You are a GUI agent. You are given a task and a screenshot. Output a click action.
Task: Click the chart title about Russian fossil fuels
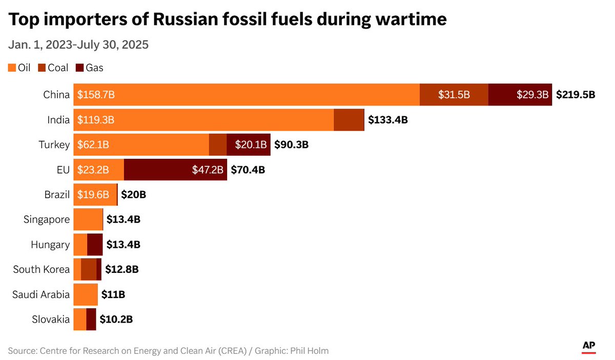228,20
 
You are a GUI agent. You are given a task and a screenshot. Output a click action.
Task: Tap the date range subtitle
78,45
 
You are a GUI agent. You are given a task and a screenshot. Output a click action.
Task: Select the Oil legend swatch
12,68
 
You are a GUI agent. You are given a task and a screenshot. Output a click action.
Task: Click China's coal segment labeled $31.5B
454,95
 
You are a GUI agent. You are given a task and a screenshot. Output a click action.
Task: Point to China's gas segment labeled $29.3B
520,95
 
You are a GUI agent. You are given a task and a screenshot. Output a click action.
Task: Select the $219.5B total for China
576,95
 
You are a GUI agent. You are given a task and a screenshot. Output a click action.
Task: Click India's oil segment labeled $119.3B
203,120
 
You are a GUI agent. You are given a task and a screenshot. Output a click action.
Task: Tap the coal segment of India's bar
348,120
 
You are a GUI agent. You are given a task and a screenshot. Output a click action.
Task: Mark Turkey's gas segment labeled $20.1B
248,145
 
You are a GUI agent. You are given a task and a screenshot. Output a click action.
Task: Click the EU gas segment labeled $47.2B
175,170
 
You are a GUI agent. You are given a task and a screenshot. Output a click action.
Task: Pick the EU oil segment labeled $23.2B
98,170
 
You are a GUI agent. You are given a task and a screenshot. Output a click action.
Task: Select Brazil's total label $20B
133,195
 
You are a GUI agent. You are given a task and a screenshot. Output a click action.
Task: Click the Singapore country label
47,220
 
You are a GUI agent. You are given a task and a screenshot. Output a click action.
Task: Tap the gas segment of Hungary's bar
95,245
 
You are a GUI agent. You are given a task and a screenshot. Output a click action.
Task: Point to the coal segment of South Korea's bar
89,269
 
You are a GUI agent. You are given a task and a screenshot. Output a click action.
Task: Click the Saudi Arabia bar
86,294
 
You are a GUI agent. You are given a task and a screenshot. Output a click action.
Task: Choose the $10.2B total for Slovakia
116,320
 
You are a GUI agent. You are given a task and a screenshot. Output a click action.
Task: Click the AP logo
588,347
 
